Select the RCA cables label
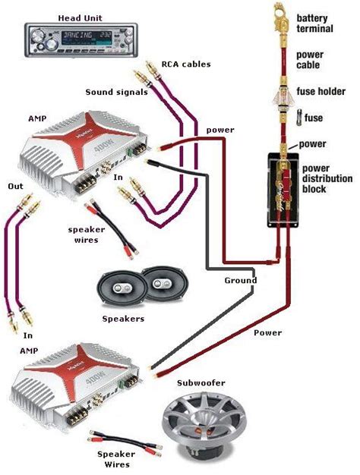click(185, 64)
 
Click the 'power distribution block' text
click(327, 179)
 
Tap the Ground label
click(240, 280)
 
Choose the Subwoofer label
click(201, 384)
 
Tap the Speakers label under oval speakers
click(123, 319)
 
